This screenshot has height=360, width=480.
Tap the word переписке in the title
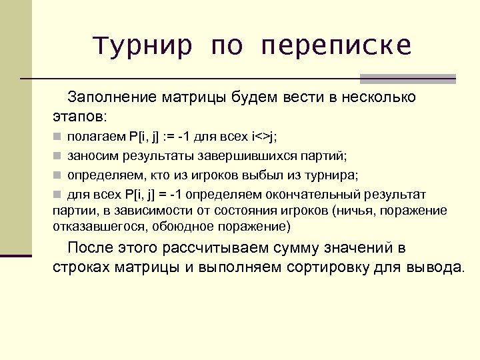click(x=337, y=46)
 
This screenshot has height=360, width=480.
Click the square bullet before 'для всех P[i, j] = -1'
click(x=58, y=195)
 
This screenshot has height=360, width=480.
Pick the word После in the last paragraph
click(x=91, y=249)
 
